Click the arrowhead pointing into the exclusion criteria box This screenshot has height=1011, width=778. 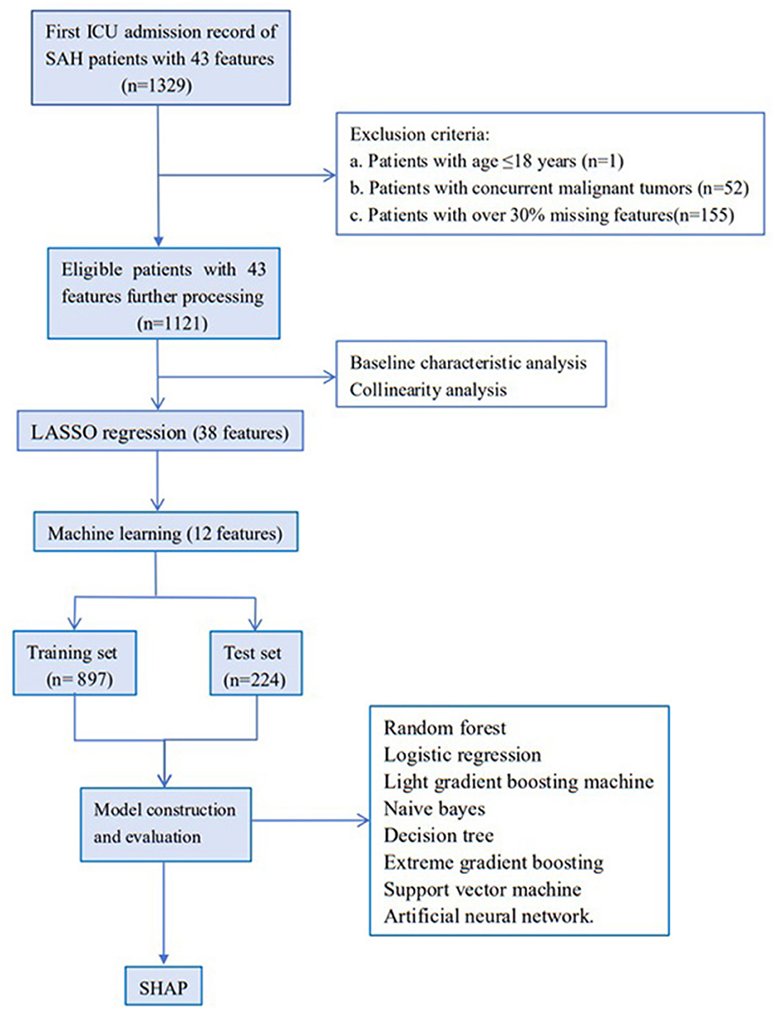[x=332, y=174]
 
